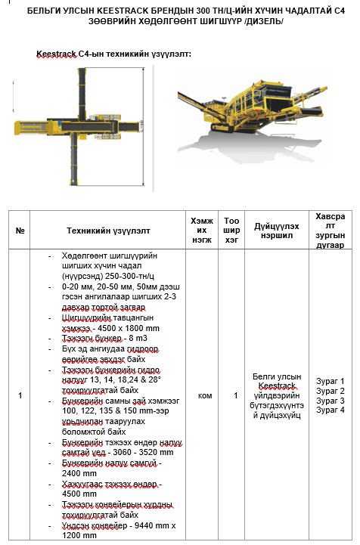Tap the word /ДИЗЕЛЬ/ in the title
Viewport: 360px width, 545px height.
click(x=265, y=22)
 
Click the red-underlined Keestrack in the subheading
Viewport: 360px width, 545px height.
click(x=57, y=54)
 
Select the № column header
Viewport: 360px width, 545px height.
click(x=20, y=231)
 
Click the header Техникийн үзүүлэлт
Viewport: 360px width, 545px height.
click(x=108, y=231)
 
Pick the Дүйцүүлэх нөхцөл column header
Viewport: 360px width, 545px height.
click(x=277, y=231)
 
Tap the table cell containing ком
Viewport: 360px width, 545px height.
click(x=205, y=395)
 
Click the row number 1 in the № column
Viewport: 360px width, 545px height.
click(x=20, y=395)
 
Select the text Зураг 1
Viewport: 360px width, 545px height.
click(x=330, y=381)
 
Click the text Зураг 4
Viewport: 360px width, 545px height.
click(x=330, y=410)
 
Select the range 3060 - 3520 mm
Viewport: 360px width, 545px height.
click(x=143, y=452)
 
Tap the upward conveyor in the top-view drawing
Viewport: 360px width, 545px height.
click(x=82, y=92)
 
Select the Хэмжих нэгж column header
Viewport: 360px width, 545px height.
click(x=202, y=230)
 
